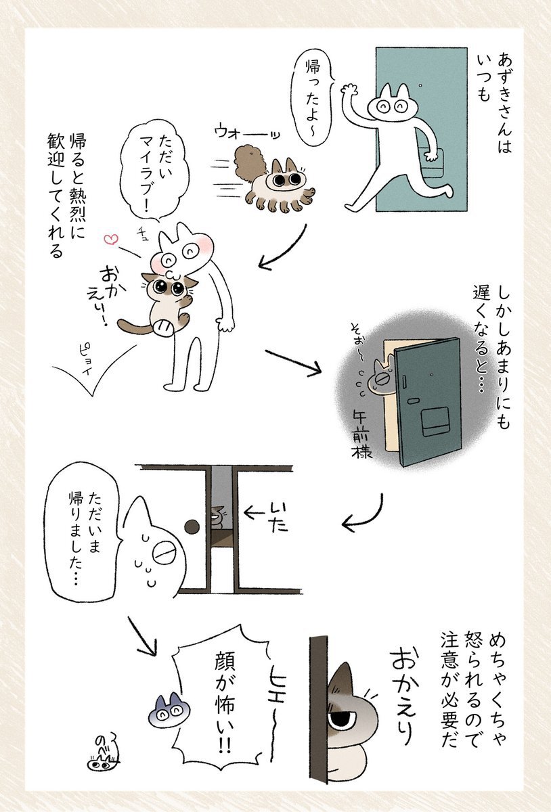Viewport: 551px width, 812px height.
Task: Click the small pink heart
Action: click(110, 239)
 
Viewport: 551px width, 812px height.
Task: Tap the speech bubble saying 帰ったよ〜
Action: click(311, 98)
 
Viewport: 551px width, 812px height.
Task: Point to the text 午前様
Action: click(361, 435)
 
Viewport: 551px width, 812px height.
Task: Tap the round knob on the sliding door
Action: click(192, 526)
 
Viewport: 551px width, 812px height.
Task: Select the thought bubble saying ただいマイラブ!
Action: click(155, 172)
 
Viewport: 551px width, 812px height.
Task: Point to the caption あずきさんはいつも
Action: click(494, 103)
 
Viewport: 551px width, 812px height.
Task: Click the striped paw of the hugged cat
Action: click(162, 326)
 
